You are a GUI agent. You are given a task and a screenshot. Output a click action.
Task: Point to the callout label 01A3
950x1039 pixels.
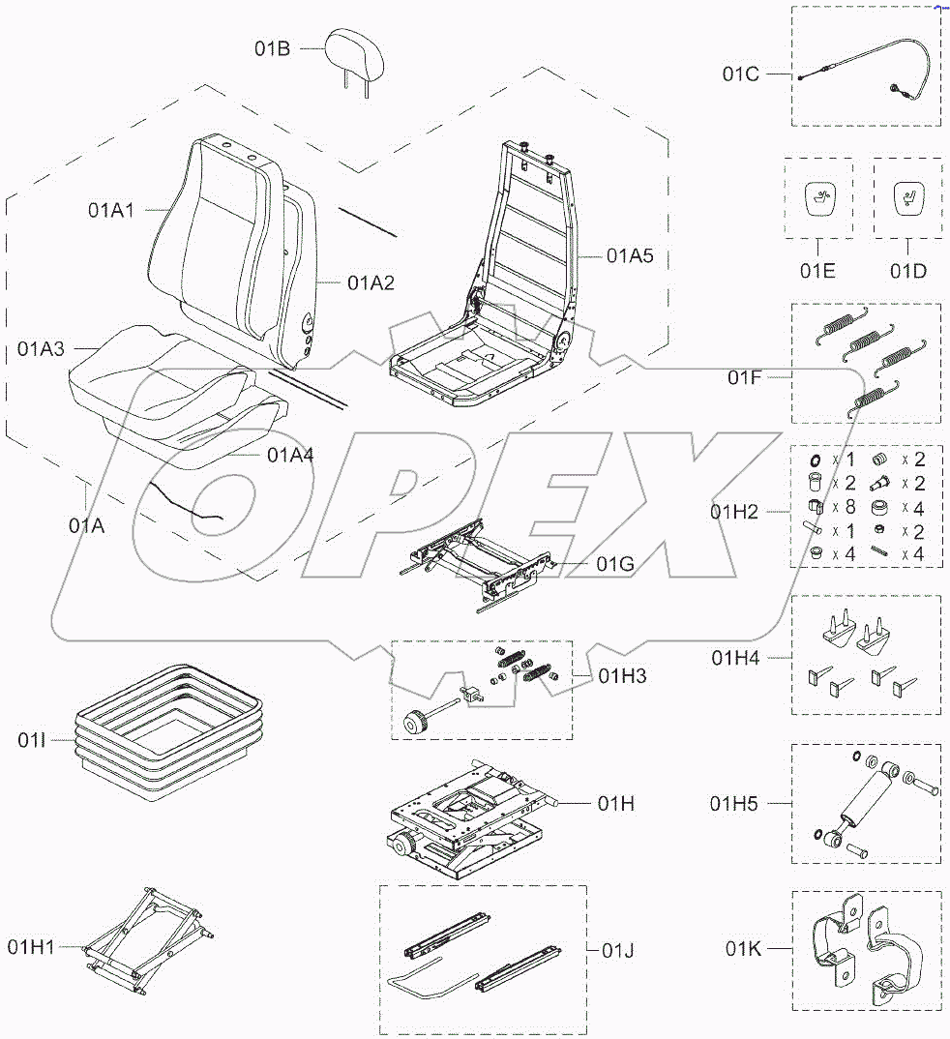(41, 348)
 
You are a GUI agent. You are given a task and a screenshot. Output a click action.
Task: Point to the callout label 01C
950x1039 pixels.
(741, 73)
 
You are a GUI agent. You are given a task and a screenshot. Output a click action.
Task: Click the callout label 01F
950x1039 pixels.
(744, 377)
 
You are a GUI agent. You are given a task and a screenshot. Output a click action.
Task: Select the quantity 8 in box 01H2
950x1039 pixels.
(848, 507)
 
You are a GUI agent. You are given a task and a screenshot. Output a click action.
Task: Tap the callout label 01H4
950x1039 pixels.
(735, 658)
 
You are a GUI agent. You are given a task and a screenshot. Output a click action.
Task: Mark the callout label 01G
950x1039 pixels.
(615, 564)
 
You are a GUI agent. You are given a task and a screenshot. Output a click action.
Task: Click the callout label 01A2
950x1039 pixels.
(371, 282)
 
